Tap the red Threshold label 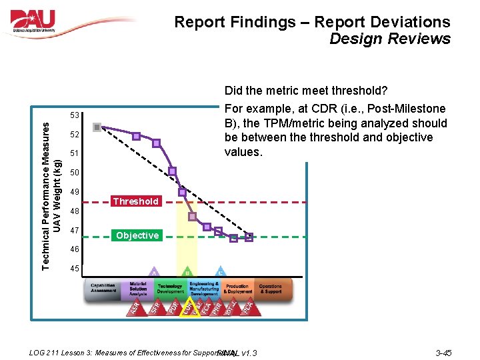tap(136, 201)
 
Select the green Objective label tap(137, 235)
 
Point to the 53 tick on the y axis tap(74, 116)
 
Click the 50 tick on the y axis tap(74, 173)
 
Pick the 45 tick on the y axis tap(74, 269)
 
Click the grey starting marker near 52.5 tap(97, 127)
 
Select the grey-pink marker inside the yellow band tap(193, 217)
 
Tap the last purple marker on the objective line tap(249, 237)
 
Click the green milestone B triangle tap(187, 273)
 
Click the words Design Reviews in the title tap(390, 39)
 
